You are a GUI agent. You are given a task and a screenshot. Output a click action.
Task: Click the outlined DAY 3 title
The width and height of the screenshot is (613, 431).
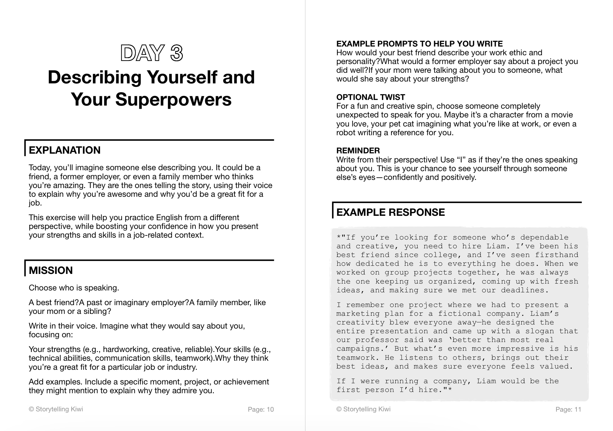coord(152,53)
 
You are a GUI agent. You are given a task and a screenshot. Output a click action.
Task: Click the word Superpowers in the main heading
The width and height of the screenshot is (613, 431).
coord(173,99)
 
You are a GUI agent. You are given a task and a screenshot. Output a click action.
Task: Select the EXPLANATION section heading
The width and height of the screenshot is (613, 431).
coord(65,150)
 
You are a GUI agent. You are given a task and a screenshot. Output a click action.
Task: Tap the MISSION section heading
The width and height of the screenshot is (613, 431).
coord(51,270)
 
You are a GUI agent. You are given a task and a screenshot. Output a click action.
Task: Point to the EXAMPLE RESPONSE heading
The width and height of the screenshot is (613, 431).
coord(390,212)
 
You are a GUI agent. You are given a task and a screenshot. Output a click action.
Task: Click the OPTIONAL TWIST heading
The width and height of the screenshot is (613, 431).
coord(370,97)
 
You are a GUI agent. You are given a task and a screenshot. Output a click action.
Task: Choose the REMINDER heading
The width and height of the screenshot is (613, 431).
coord(358,151)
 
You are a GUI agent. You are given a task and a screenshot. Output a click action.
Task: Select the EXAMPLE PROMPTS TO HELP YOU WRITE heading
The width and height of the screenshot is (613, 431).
coord(420,44)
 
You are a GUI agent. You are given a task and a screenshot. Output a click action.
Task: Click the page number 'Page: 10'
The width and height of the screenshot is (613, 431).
coord(261,409)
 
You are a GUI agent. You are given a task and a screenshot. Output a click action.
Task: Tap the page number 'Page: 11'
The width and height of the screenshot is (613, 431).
coord(568,409)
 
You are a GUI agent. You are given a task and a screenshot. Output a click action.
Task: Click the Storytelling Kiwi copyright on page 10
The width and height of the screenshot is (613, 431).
coord(56,409)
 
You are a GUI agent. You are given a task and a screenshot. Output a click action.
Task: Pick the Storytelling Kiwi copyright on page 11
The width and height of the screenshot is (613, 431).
coord(364,409)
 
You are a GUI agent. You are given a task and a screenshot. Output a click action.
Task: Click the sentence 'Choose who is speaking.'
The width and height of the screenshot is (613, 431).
coord(74,288)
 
